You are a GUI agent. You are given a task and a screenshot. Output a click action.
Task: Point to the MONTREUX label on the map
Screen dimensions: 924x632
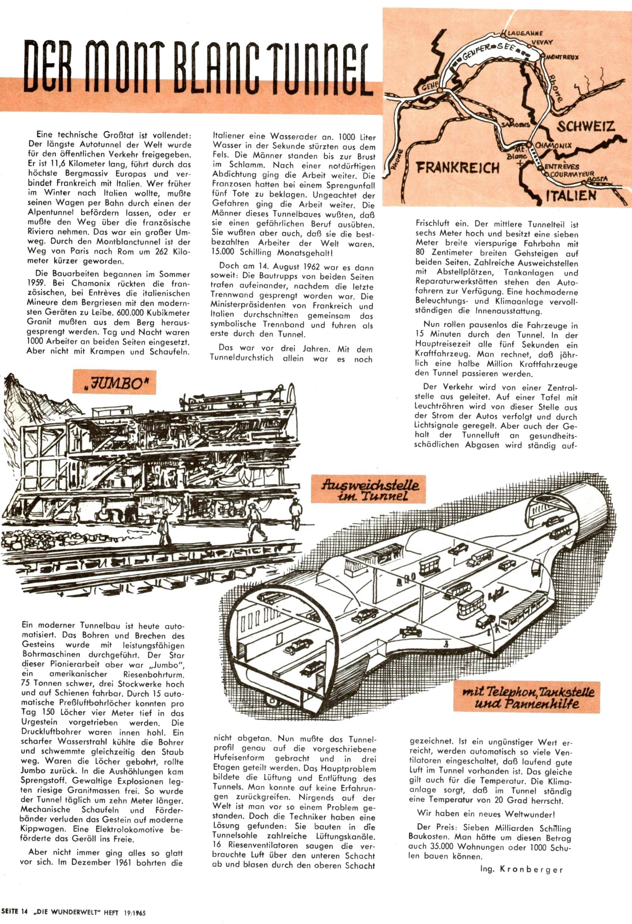563,57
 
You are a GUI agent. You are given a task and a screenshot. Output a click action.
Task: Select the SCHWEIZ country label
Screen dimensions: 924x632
585,126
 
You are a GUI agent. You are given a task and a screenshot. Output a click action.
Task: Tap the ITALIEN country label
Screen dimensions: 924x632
571,195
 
